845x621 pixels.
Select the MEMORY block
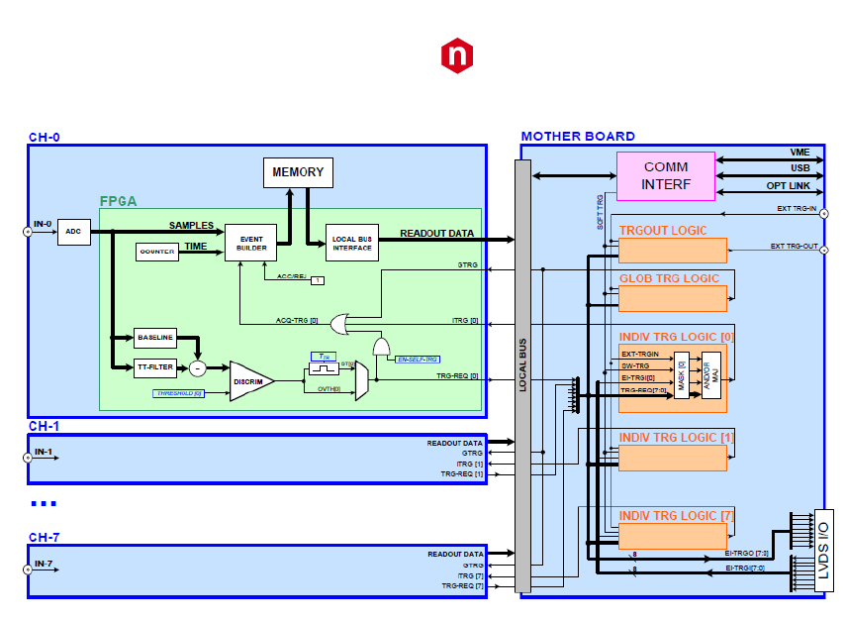click(298, 172)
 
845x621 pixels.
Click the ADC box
click(72, 232)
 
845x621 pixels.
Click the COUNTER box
click(156, 252)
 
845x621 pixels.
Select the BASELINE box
click(154, 338)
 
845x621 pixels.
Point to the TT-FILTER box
click(154, 368)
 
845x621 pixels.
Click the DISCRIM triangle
click(249, 381)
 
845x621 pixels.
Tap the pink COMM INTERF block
click(665, 175)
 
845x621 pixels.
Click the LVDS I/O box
click(822, 551)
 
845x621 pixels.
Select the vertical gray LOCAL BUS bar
click(522, 376)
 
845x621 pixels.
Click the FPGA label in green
click(118, 201)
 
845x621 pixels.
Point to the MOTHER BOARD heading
click(578, 137)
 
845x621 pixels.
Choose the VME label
click(799, 153)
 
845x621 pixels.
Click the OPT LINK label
click(790, 186)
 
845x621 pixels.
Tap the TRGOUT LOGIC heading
click(662, 231)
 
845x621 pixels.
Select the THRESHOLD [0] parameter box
click(178, 393)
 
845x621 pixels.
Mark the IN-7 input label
click(44, 564)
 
